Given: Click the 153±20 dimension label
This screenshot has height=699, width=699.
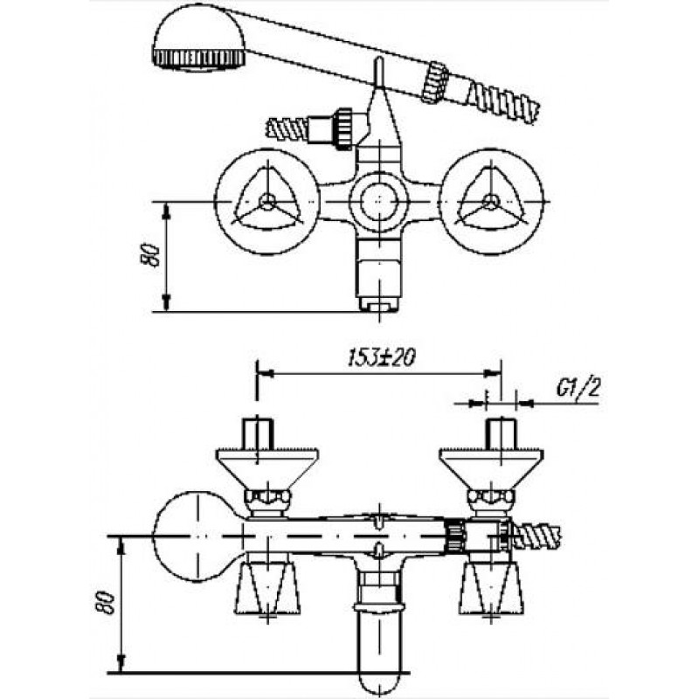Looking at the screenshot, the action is pyautogui.click(x=381, y=357).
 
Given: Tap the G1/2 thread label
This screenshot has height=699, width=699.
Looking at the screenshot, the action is pyautogui.click(x=578, y=389).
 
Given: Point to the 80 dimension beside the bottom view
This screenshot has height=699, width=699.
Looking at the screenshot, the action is pyautogui.click(x=107, y=604).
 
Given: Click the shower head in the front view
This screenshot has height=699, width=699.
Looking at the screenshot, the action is pyautogui.click(x=199, y=38).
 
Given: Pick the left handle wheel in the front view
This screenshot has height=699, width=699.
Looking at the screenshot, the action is pyautogui.click(x=267, y=202).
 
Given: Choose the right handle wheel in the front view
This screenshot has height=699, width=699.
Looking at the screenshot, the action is pyautogui.click(x=491, y=202).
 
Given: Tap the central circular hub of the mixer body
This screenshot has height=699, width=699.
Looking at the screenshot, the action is pyautogui.click(x=379, y=202).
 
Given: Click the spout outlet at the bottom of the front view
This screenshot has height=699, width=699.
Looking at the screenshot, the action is pyautogui.click(x=379, y=305).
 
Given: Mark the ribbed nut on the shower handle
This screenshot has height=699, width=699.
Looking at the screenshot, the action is pyautogui.click(x=435, y=83).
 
